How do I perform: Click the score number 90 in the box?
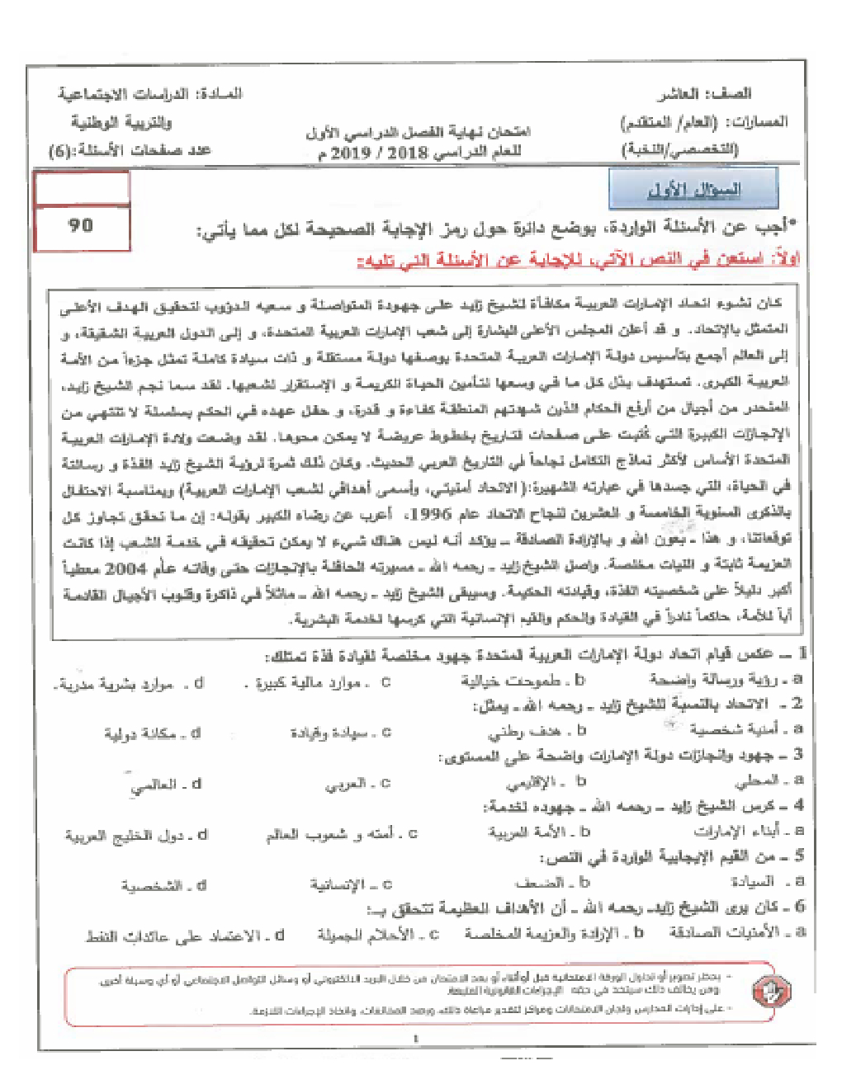click(x=81, y=225)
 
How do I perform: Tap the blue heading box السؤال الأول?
click(x=693, y=190)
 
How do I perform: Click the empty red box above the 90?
click(x=82, y=187)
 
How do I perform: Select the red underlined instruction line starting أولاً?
click(x=578, y=260)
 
